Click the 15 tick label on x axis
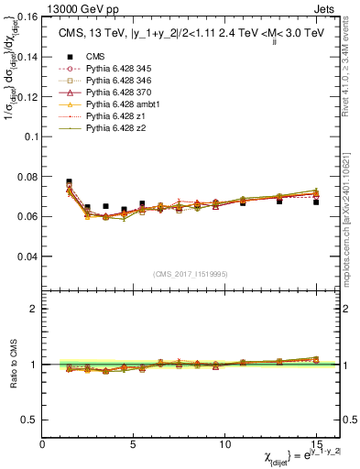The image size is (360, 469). pos(316,444)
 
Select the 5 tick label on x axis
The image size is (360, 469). pos(133,444)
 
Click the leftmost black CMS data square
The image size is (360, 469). pos(70,182)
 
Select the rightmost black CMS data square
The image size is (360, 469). pos(316,202)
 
